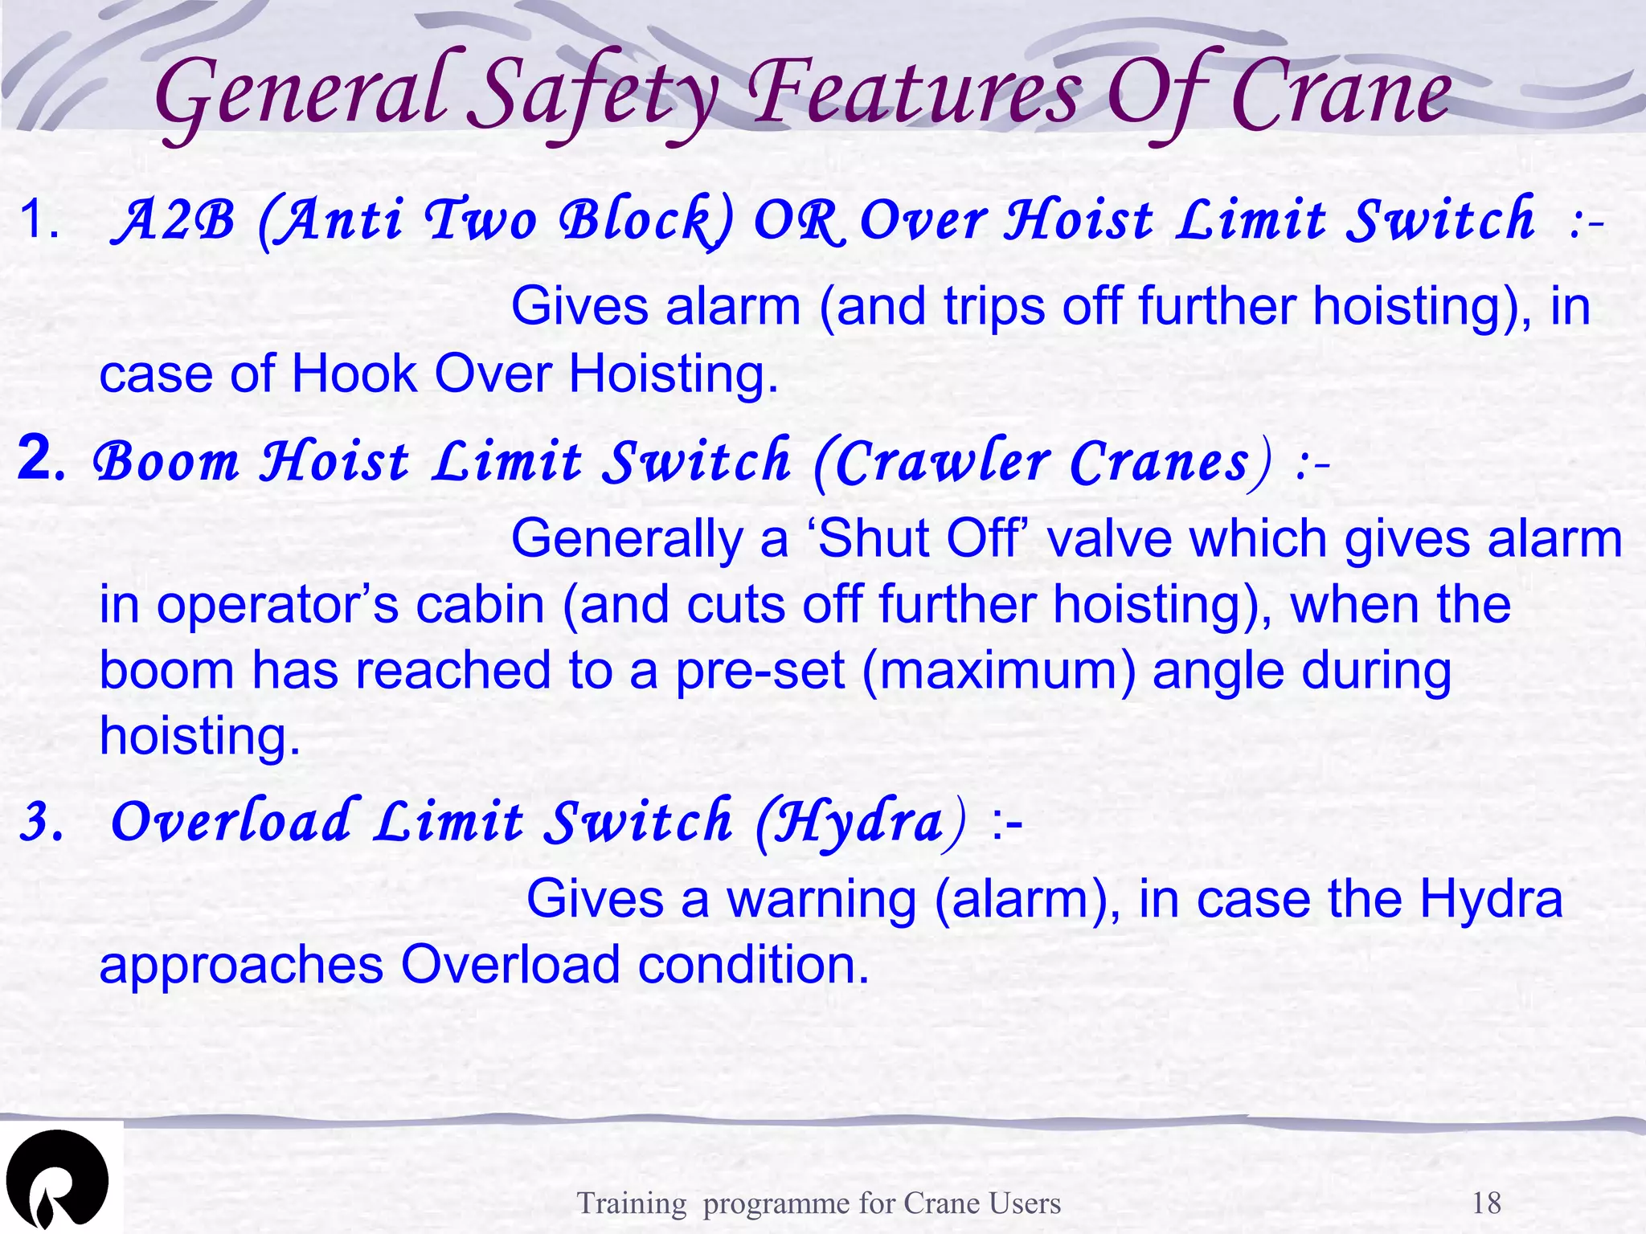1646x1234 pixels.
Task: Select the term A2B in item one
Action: [x=174, y=220]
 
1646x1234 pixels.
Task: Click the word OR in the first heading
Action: [x=799, y=220]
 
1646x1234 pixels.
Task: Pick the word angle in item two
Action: [x=1217, y=672]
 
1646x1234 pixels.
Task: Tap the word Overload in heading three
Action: [x=231, y=823]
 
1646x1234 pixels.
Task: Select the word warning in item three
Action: [x=821, y=900]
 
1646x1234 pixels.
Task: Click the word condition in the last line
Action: [x=753, y=965]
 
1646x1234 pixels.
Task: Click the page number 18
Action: [x=1486, y=1203]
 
